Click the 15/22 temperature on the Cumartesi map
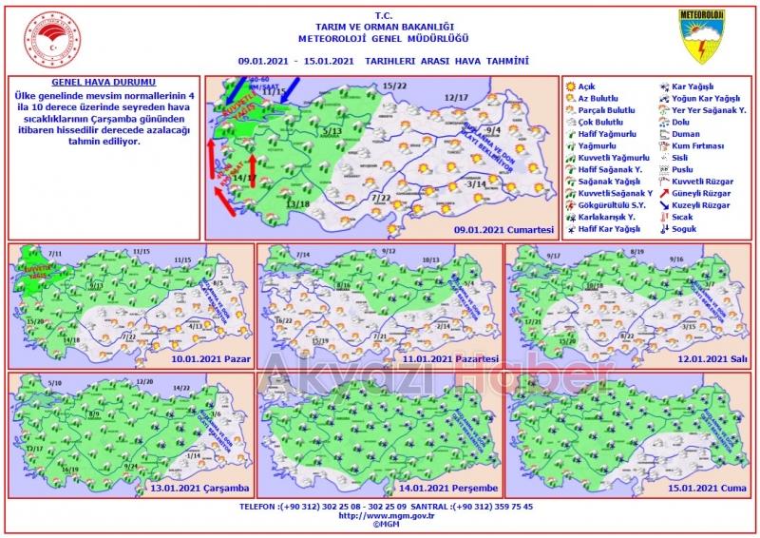click(395, 86)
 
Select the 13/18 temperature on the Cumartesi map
click(298, 203)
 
